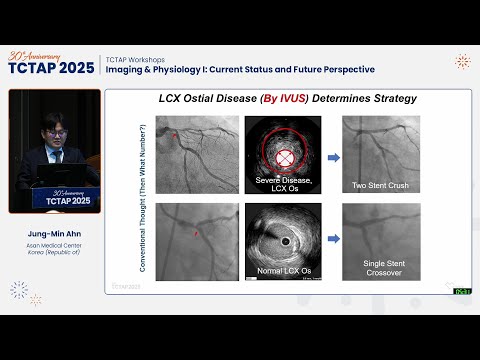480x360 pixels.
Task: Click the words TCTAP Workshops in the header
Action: click(x=137, y=57)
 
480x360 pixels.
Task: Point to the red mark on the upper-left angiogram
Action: click(x=174, y=134)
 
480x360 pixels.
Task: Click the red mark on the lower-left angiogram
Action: click(x=197, y=234)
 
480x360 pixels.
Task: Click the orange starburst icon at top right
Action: click(x=461, y=62)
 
